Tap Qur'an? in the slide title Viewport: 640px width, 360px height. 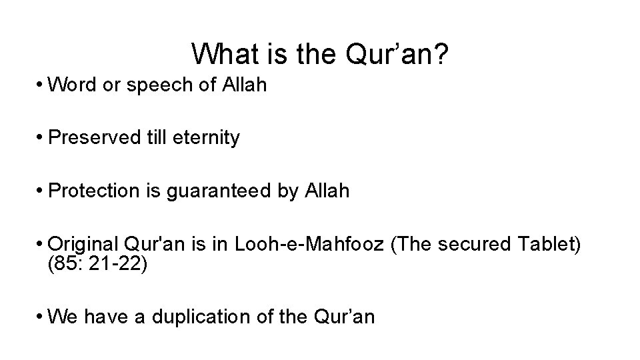[x=399, y=54]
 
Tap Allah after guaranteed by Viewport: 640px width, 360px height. [x=327, y=191]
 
